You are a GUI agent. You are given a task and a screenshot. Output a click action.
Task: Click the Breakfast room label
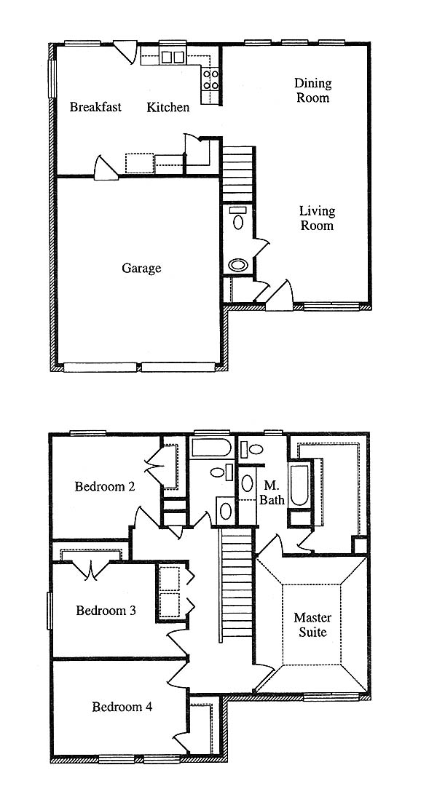[x=95, y=107]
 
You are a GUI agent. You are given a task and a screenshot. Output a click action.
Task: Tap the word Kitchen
[x=168, y=107]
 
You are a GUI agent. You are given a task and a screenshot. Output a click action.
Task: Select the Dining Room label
[x=313, y=90]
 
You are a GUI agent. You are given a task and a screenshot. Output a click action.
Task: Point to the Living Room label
[x=317, y=218]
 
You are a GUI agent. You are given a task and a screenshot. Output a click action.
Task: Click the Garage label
[x=141, y=268]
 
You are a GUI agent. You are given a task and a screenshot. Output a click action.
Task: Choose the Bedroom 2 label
[x=105, y=486]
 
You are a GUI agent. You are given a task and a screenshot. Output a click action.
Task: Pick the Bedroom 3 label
[x=106, y=610]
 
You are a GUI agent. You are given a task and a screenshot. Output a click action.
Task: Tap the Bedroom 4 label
[x=122, y=707]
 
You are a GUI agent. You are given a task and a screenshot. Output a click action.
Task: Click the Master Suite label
[x=312, y=625]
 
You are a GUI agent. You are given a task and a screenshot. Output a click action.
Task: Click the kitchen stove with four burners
[x=210, y=79]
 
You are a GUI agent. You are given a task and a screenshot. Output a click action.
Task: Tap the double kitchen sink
[x=173, y=57]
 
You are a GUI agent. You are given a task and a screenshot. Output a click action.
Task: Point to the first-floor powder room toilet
[x=237, y=218]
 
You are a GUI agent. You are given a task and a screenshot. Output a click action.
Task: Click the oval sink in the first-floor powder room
[x=237, y=265]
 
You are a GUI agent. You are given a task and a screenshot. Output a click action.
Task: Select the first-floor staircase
[x=237, y=174]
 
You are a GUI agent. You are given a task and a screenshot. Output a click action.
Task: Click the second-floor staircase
[x=237, y=582]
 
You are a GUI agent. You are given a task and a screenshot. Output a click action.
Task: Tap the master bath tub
[x=299, y=485]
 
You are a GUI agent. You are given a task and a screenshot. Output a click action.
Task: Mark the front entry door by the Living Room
[x=279, y=296]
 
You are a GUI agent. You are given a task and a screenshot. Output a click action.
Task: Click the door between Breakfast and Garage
[x=106, y=167]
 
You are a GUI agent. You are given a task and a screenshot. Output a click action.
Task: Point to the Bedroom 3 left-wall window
[x=50, y=611]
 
